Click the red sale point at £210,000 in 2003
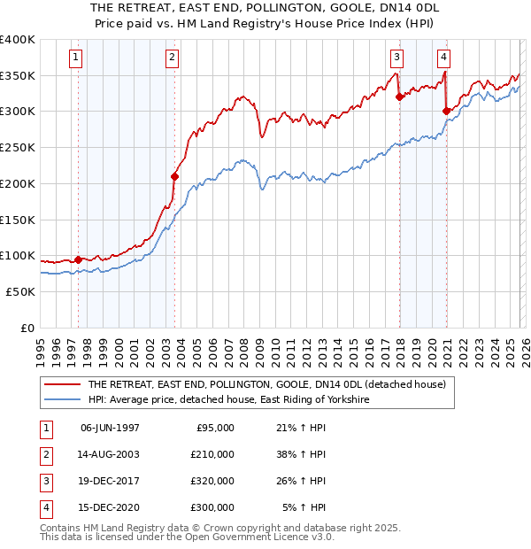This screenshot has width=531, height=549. [174, 176]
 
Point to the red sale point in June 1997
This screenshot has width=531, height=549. [78, 259]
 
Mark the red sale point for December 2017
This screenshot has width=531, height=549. [399, 97]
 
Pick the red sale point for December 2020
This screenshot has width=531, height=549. [446, 112]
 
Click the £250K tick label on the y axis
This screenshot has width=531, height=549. [17, 148]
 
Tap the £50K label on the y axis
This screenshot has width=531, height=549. [20, 291]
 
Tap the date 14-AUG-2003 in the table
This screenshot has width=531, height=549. [110, 454]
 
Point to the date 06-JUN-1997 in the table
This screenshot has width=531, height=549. [110, 428]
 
